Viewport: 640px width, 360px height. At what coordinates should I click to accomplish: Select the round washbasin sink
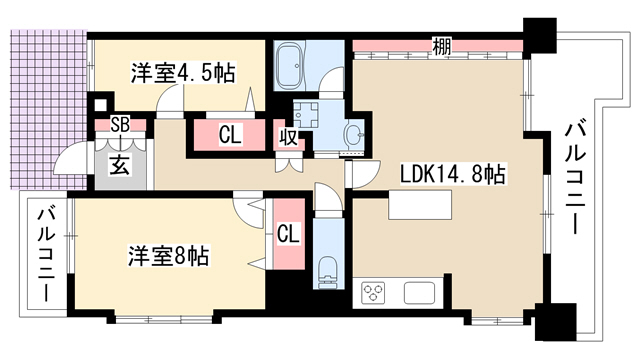point(354,133)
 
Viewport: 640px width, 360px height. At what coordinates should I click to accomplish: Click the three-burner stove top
point(373,293)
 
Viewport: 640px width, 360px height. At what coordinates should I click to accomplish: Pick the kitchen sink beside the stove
point(420,293)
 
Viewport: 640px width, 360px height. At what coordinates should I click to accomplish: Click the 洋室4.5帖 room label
point(182,73)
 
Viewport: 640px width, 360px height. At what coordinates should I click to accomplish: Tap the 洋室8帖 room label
point(169,256)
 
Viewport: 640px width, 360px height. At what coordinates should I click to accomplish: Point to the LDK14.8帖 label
point(453,174)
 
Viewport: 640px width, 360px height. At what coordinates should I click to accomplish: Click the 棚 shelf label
point(442,46)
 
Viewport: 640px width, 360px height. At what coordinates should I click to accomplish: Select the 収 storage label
point(288,138)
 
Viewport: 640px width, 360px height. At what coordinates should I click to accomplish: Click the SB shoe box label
point(121,125)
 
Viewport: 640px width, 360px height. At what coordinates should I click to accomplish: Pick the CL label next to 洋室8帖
point(288,234)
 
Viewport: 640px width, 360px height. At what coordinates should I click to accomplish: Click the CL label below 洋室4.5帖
point(230,135)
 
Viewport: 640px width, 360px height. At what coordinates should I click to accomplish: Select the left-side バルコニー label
point(47,255)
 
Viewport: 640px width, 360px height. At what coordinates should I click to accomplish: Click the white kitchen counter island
point(420,205)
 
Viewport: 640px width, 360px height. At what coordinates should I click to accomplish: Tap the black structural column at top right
point(540,36)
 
